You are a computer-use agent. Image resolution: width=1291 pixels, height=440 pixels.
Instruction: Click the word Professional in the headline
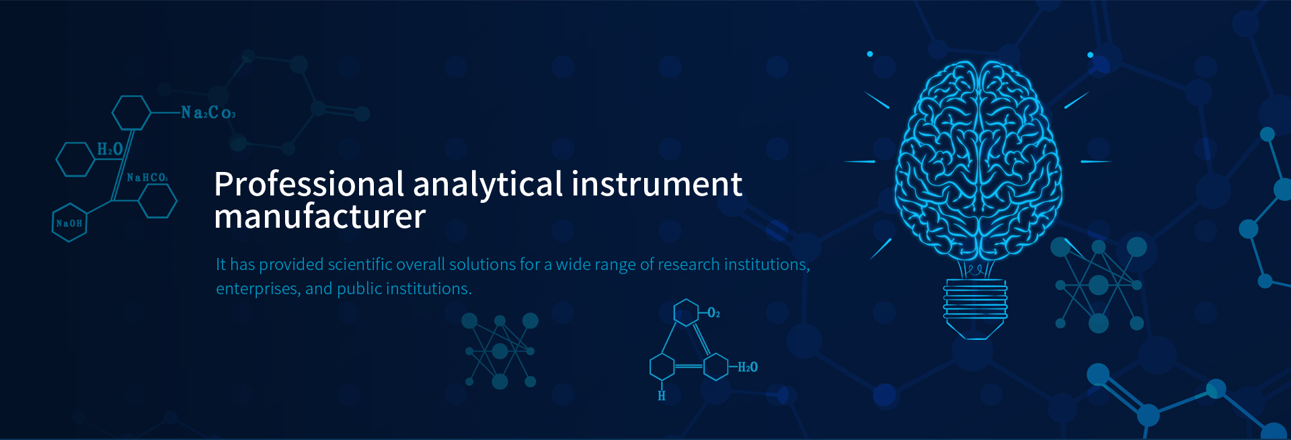click(309, 184)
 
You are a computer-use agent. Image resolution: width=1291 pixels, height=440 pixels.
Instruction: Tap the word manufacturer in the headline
click(320, 216)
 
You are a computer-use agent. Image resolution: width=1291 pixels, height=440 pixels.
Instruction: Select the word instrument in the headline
click(657, 183)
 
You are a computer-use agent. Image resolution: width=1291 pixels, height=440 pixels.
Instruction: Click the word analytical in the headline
click(487, 185)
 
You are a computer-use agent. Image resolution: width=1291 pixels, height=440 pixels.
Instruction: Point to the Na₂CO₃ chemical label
click(208, 112)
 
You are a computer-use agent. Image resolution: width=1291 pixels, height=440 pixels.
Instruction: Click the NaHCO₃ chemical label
click(147, 177)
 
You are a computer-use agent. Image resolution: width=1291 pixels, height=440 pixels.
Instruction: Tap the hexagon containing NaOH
click(69, 222)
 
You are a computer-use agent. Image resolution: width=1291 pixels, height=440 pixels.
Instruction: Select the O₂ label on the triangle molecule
click(713, 313)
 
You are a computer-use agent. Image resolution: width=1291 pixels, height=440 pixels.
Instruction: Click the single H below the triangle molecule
click(662, 396)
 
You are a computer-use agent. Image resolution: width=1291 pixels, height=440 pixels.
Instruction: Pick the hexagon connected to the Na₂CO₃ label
click(131, 112)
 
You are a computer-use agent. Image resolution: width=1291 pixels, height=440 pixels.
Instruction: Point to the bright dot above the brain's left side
click(870, 54)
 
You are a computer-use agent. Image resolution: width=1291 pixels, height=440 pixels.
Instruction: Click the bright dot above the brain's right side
click(1090, 54)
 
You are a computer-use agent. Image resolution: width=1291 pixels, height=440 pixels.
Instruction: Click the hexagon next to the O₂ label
click(686, 312)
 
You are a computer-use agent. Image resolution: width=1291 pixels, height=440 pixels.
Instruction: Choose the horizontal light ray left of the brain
click(859, 162)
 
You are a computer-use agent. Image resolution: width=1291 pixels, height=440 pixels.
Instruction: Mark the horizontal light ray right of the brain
click(1096, 162)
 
